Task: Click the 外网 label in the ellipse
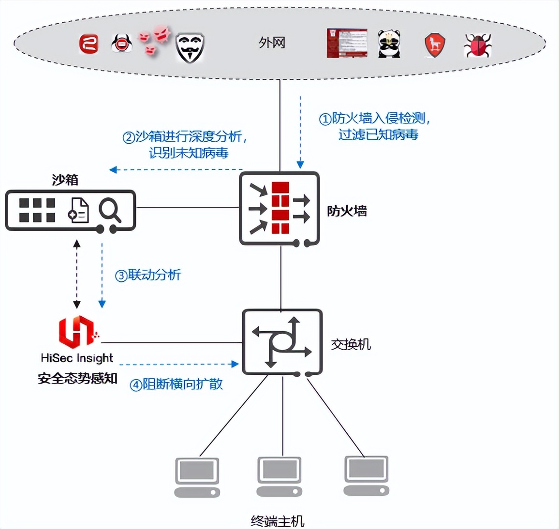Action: [272, 43]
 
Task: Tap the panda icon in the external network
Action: [389, 44]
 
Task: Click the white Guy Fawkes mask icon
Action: [190, 48]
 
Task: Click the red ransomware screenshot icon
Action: [346, 44]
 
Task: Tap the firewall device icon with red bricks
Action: [279, 208]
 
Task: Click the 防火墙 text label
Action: [347, 211]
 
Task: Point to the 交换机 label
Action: [351, 344]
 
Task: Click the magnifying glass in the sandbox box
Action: [110, 211]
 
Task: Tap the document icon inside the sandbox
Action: [78, 210]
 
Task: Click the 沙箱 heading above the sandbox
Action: [65, 180]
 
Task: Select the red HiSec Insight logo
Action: [77, 332]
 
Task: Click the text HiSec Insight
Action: [77, 358]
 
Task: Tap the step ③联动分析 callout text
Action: [148, 275]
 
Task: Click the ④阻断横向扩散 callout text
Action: [176, 384]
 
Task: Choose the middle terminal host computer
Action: [279, 476]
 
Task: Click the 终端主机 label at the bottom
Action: [278, 521]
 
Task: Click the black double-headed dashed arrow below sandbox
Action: [76, 274]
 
